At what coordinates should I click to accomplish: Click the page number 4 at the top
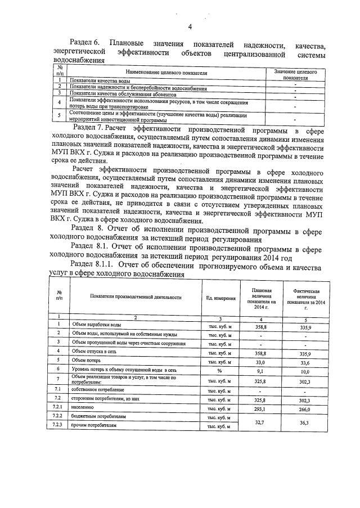tap(190, 26)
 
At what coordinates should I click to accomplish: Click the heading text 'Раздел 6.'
tap(84, 43)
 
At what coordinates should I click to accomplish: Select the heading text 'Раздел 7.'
tap(92, 128)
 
